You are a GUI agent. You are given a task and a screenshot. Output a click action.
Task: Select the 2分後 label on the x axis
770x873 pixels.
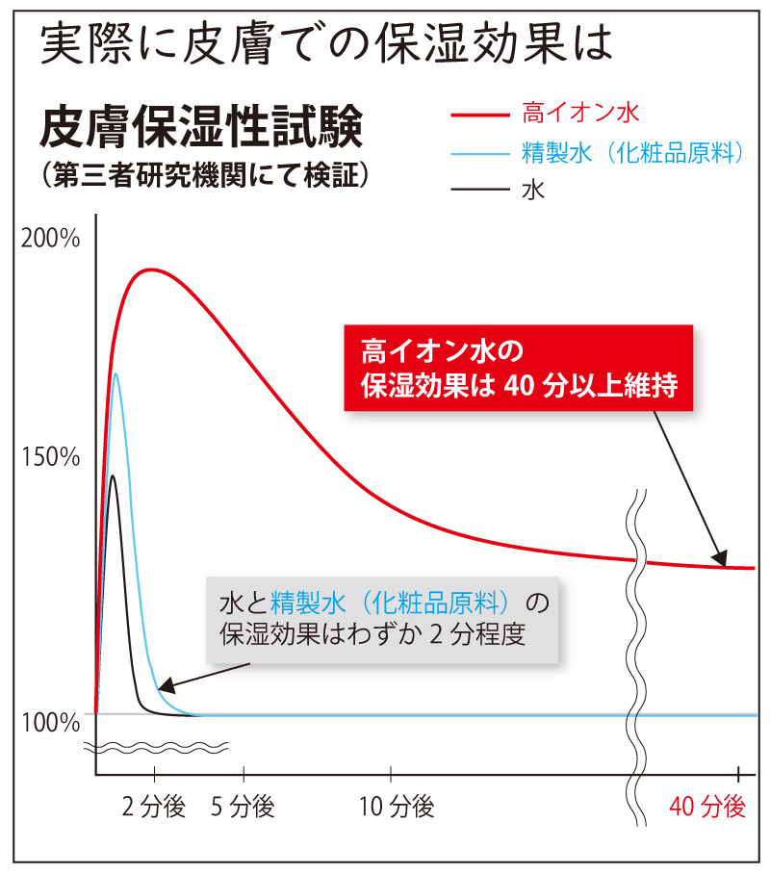154,808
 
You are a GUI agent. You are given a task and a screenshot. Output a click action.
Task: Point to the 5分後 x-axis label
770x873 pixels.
244,808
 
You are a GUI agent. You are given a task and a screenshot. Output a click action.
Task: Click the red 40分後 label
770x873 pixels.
707,808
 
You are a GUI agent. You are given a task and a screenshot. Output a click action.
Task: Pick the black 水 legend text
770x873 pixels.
534,189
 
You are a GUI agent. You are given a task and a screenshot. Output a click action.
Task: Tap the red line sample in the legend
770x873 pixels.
479,115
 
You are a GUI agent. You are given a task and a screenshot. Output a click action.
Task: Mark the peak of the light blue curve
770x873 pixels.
116,373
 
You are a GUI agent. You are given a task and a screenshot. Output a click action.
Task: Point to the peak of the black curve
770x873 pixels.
113,475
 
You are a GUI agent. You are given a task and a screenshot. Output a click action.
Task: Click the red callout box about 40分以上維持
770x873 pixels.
519,368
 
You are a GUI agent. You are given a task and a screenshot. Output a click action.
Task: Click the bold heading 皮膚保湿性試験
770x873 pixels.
201,128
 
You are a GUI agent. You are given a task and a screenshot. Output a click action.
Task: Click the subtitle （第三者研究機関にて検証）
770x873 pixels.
201,176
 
